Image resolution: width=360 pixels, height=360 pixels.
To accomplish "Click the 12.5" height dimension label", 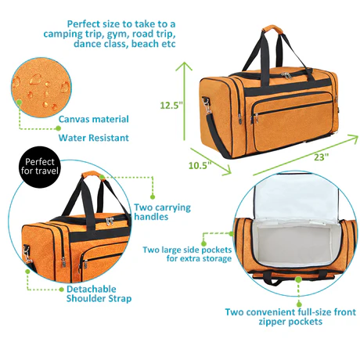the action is point(171,106).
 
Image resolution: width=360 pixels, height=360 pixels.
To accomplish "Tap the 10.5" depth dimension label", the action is point(200,165).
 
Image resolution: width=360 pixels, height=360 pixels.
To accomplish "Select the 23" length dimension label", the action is point(321,157).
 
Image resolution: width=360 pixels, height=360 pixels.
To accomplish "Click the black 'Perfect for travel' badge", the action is point(40,167).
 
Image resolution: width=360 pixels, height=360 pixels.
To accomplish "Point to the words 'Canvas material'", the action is point(94,119).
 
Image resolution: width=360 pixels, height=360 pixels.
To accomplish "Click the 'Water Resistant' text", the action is point(94,138).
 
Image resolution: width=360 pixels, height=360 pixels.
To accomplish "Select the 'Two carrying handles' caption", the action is point(162,212).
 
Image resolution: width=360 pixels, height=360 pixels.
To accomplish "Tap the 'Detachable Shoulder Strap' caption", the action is point(99,293).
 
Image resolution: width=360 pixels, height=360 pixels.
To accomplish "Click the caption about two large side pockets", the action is point(187,254).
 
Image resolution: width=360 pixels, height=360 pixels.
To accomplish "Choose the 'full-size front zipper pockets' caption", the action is point(290,317).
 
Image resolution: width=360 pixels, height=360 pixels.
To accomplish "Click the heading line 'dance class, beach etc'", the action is point(124,44).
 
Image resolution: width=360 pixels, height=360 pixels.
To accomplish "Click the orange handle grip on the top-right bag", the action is point(273,29).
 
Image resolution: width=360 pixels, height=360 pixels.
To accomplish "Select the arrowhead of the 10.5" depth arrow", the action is point(226,170).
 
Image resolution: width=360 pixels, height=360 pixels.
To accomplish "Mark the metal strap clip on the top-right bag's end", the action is point(207,107).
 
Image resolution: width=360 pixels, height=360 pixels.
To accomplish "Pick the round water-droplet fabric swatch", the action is point(41,88).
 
